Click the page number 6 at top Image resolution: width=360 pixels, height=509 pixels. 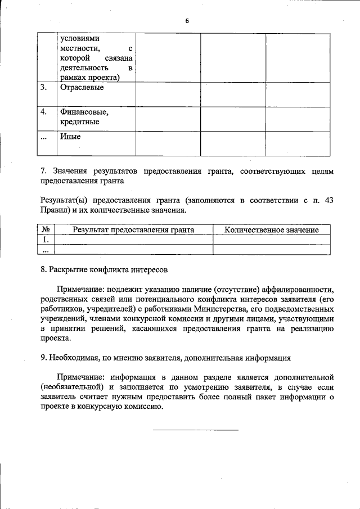coord(187,21)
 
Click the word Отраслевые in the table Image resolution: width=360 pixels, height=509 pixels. coord(81,88)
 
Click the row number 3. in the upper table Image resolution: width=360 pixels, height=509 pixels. coord(44,88)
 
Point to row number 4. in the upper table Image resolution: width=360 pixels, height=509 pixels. coord(44,112)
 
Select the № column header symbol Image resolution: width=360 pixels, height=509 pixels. coord(47,230)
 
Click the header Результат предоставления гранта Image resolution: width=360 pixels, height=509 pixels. coord(133,230)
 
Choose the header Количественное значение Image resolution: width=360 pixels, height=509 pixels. coord(272,230)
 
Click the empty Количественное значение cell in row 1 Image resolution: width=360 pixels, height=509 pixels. coord(272,240)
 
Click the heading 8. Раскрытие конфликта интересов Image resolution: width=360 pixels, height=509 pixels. coord(104,269)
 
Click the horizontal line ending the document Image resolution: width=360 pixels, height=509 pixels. coord(196,430)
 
